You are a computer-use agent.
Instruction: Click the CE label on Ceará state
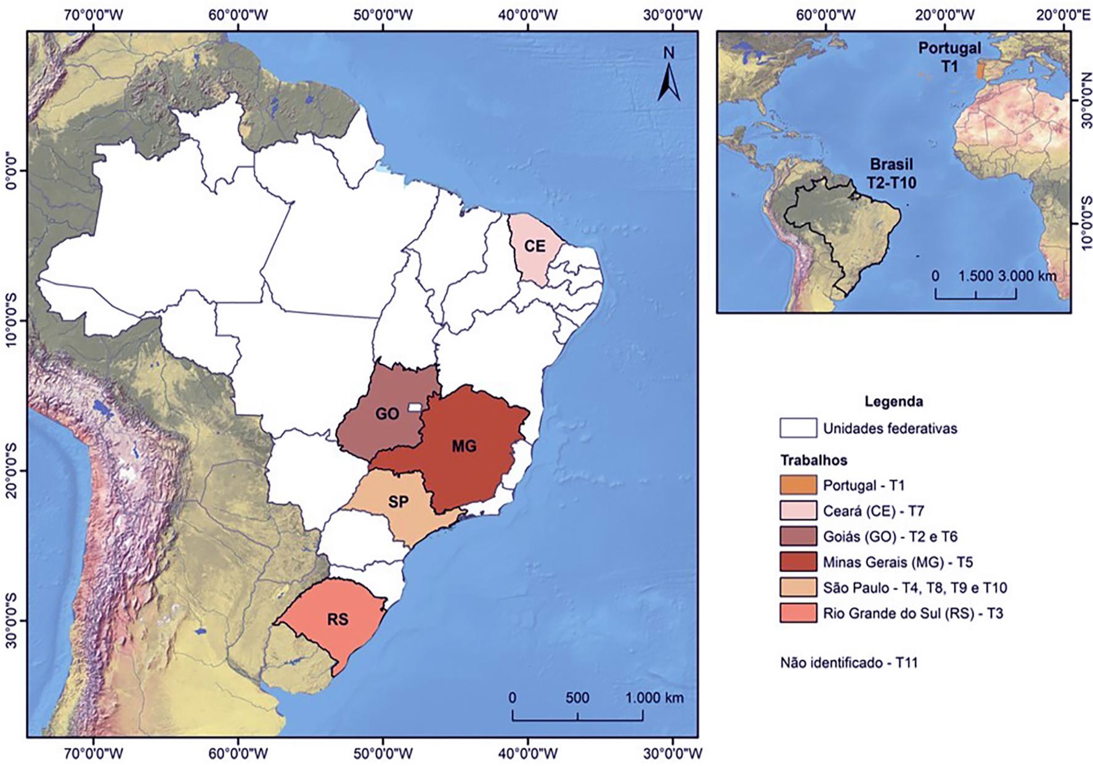coord(535,246)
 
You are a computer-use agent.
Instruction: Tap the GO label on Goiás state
coord(387,414)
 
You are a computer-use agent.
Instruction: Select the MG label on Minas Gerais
coord(464,446)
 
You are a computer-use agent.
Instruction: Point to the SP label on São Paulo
coord(398,502)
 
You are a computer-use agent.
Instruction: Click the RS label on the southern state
coord(338,619)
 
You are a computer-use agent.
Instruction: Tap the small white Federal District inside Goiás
coord(416,407)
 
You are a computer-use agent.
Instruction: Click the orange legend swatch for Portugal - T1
coord(798,485)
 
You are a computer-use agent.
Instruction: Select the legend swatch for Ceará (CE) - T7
coord(798,510)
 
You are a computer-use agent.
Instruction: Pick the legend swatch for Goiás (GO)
coord(798,536)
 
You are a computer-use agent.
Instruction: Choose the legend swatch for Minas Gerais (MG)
coord(798,562)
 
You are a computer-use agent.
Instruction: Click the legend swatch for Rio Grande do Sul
coord(798,613)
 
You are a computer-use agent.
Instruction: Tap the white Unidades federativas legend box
coord(798,429)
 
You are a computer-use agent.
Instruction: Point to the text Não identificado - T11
coord(848,663)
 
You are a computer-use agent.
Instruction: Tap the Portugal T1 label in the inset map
coord(949,57)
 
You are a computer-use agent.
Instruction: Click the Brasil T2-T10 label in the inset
coord(892,174)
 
